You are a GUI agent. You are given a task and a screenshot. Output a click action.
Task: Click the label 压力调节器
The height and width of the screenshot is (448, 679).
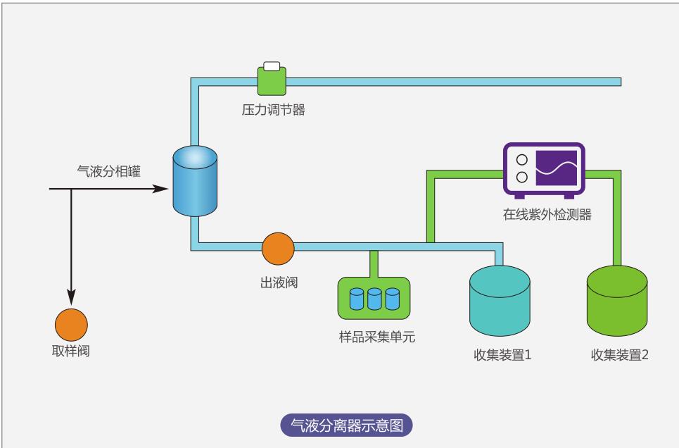274,110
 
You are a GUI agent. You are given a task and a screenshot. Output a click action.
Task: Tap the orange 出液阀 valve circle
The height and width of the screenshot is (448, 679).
278,247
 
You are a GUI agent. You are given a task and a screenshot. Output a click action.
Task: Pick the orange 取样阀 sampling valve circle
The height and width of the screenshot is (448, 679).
71,325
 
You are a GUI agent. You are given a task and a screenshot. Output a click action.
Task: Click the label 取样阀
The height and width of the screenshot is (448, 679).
71,351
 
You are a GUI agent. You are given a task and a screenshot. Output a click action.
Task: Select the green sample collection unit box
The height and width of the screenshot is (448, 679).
374,298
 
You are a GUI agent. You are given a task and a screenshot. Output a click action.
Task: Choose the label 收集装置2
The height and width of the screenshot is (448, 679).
619,354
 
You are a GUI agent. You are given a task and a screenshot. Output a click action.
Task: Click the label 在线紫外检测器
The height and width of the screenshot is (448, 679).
547,215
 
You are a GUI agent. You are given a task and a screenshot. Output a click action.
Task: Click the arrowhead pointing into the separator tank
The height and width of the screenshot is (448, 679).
163,189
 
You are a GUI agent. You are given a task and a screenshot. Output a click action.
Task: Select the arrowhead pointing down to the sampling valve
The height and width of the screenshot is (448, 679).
71,297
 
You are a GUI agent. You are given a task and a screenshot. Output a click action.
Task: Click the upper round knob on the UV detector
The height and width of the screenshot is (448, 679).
521,160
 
